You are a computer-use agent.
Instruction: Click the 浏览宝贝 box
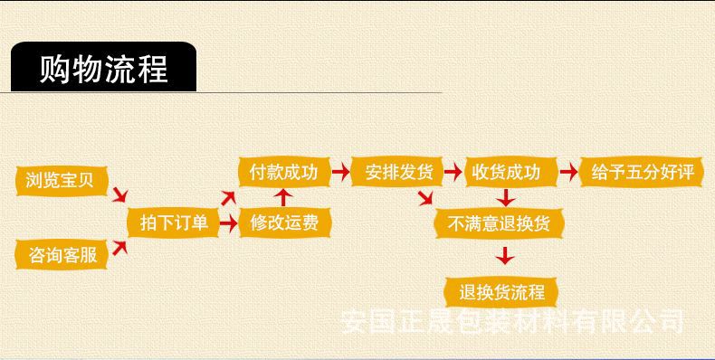(61, 182)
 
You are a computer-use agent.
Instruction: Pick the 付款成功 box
(283, 172)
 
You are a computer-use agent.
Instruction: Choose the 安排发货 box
(399, 172)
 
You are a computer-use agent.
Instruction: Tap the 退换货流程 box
(501, 291)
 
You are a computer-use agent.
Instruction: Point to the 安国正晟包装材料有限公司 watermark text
(512, 321)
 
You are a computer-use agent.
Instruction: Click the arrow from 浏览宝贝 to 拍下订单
(119, 194)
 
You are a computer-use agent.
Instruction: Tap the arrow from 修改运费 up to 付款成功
(283, 196)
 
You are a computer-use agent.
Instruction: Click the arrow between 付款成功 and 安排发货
(340, 172)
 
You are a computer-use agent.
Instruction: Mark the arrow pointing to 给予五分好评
(569, 172)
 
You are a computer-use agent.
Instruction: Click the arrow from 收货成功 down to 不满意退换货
(507, 196)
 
